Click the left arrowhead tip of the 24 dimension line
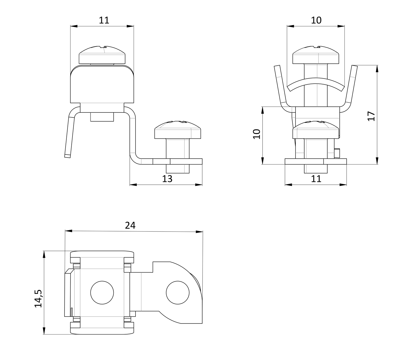(x=65, y=231)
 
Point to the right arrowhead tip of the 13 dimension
(x=202, y=185)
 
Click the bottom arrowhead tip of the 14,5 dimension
(x=44, y=334)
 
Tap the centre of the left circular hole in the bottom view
(x=102, y=293)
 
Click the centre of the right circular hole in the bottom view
(x=178, y=293)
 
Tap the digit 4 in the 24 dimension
(x=133, y=225)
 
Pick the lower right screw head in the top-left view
(x=178, y=130)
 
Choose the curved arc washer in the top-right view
(x=316, y=84)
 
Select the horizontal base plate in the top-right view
(x=316, y=161)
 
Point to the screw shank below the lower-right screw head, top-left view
(x=178, y=156)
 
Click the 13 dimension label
(x=167, y=179)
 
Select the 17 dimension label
(x=371, y=116)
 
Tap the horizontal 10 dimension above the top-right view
(x=316, y=20)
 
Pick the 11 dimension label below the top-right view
(x=316, y=179)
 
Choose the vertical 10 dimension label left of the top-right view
(x=256, y=134)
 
